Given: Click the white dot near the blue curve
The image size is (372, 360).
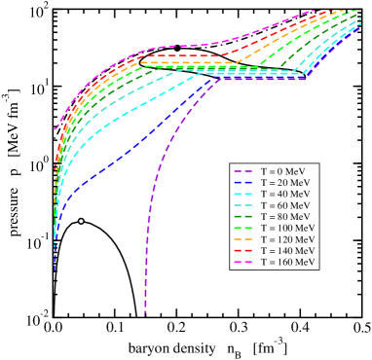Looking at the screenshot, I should (81, 221).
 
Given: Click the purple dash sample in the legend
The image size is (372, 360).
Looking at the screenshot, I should (244, 171).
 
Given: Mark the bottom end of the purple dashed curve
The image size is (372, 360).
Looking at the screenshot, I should (145, 313).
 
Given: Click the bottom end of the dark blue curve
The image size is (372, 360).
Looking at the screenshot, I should (55, 270).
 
